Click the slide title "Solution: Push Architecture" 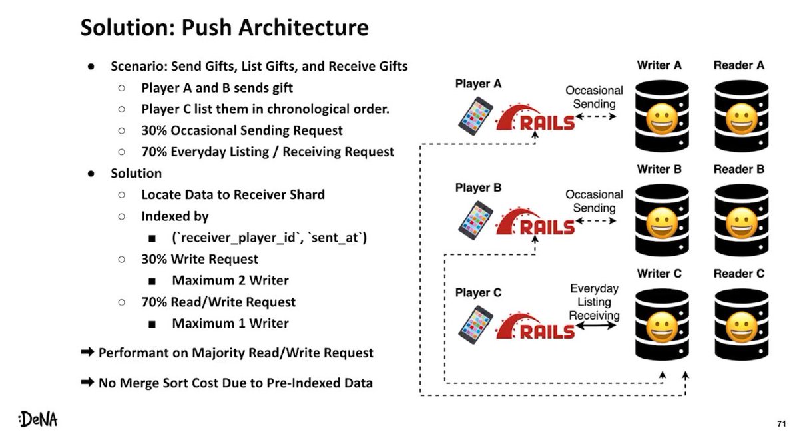[x=224, y=27]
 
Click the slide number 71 [x=782, y=423]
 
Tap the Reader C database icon [x=739, y=324]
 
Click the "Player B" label [x=478, y=188]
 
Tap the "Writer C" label [x=659, y=274]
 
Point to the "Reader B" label [x=738, y=169]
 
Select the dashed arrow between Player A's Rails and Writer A [x=597, y=117]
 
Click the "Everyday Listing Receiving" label [x=595, y=302]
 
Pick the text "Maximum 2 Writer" [x=230, y=280]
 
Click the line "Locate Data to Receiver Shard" [x=233, y=195]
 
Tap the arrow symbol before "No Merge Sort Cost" [x=87, y=383]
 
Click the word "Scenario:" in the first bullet [x=138, y=67]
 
